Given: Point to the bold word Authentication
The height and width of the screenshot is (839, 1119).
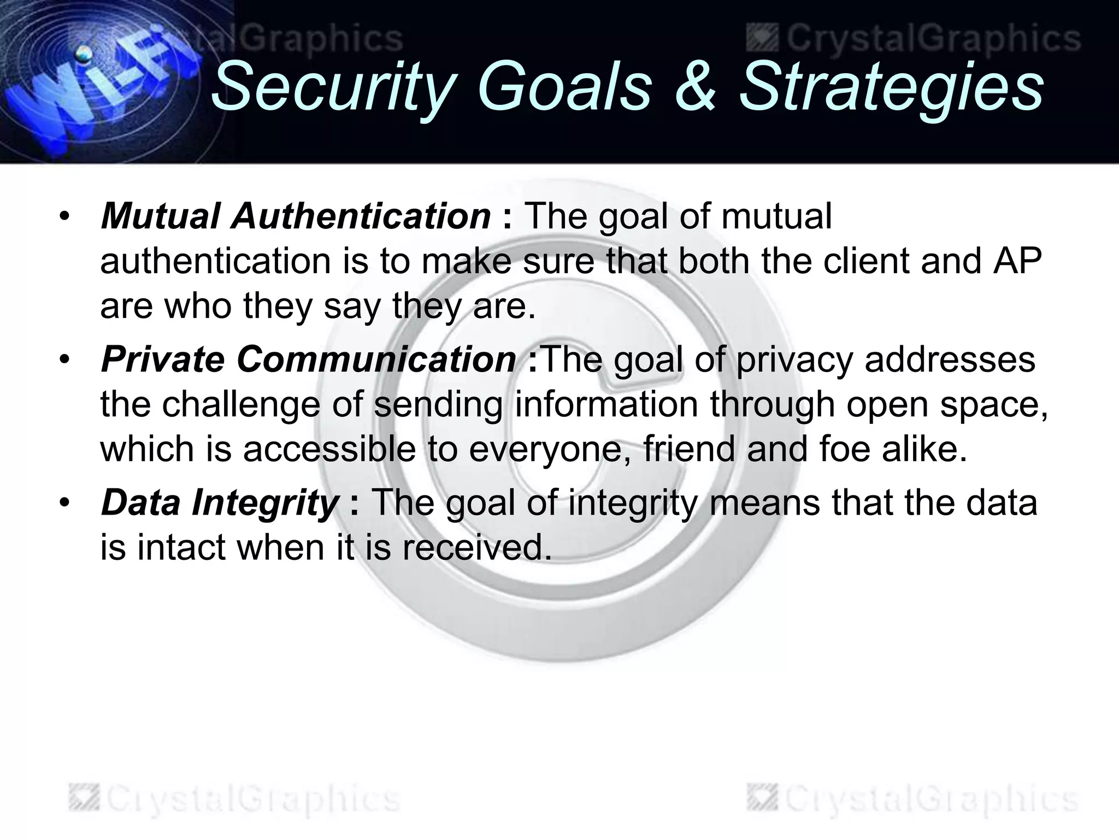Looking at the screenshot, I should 361,216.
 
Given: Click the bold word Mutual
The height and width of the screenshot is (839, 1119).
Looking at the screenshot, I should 161,216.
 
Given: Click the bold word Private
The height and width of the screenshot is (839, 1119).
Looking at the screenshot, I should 163,360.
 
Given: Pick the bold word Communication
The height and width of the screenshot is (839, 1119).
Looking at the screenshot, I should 376,360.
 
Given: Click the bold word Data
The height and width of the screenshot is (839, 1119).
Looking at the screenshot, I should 140,503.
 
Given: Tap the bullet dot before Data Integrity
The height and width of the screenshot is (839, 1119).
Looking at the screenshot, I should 65,503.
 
